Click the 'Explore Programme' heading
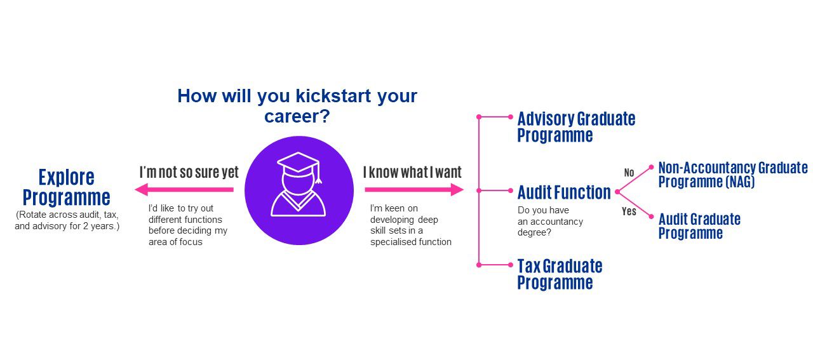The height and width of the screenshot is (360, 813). [67, 187]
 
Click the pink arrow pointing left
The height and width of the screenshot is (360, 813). [184, 189]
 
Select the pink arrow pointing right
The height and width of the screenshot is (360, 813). [414, 189]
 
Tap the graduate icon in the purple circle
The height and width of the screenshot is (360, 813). [299, 184]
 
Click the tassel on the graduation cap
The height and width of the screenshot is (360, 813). [318, 174]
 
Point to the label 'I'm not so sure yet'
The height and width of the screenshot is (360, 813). [189, 172]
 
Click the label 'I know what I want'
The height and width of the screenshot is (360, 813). [412, 172]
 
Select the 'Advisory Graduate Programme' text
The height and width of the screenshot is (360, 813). [576, 127]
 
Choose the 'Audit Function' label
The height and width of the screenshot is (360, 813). [564, 192]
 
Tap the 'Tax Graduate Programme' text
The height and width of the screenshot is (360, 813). [560, 274]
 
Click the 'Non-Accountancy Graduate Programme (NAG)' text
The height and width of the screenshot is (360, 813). [733, 175]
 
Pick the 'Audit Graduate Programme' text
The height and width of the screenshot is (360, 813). [699, 226]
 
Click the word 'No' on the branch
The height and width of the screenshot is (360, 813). [629, 173]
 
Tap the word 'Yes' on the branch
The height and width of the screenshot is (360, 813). [629, 211]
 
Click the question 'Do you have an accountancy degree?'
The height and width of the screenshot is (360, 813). [550, 221]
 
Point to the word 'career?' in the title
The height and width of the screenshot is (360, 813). [297, 116]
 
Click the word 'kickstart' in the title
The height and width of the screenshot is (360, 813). [333, 96]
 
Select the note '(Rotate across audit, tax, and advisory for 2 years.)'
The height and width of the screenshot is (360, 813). [67, 220]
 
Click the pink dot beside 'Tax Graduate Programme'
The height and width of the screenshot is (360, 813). [511, 265]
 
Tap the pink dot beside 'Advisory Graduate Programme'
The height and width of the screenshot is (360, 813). [511, 117]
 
